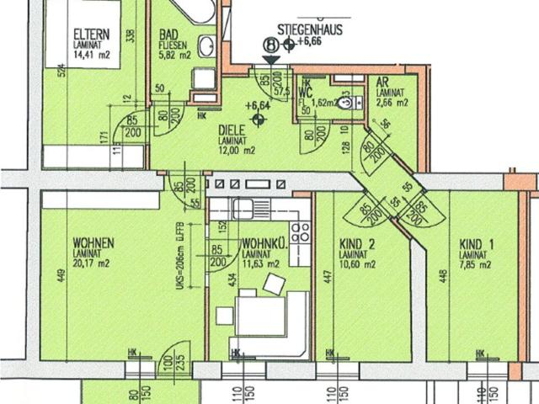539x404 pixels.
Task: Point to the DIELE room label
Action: click(x=232, y=130)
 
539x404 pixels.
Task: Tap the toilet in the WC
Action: click(x=344, y=104)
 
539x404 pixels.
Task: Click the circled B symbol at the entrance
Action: click(x=270, y=45)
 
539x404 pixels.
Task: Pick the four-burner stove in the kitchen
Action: click(x=300, y=231)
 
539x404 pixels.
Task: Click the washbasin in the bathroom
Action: click(x=205, y=46)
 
